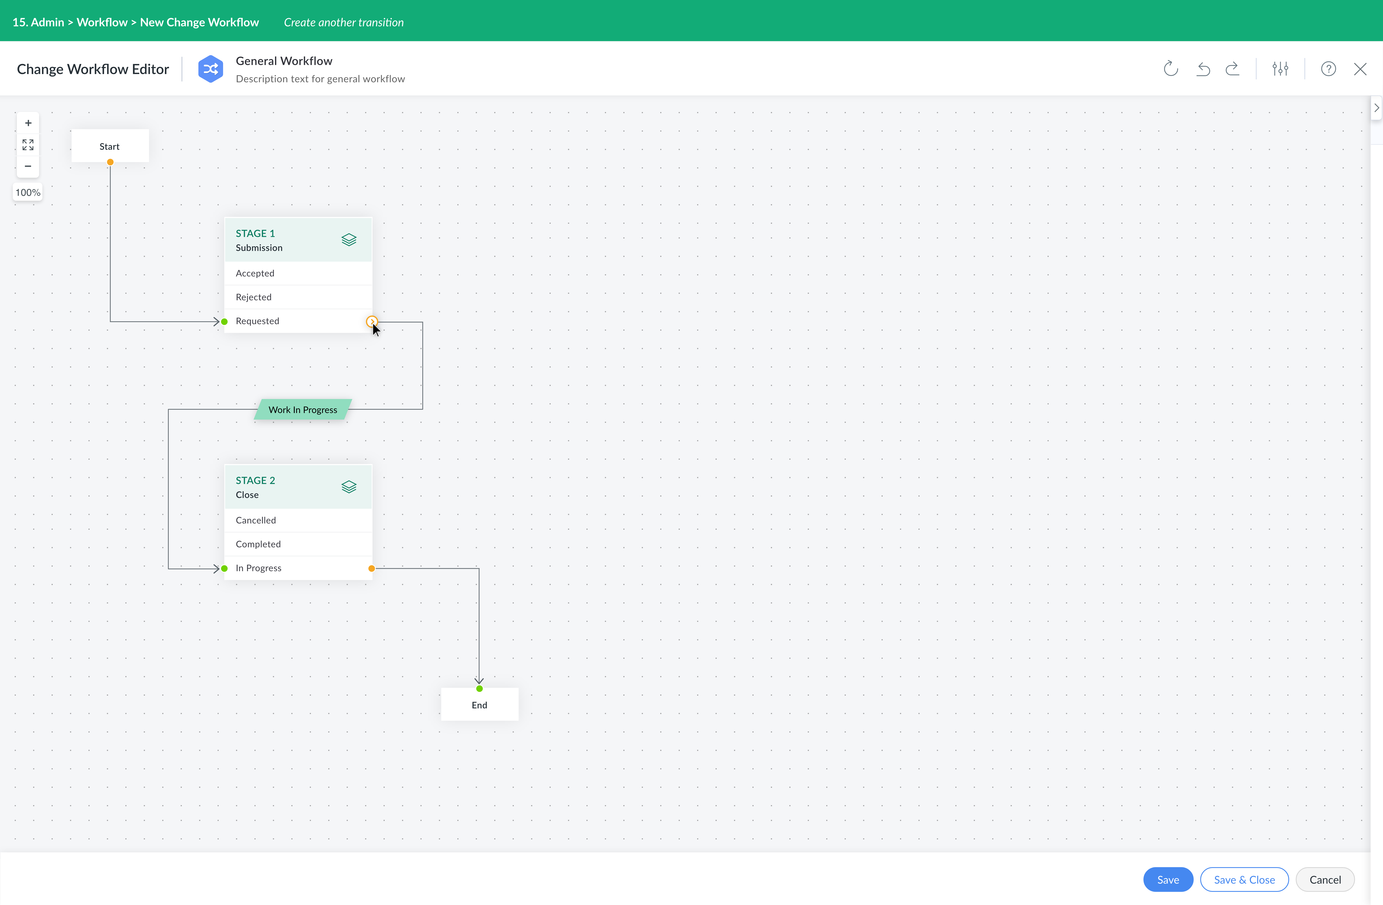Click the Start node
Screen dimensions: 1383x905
tap(110, 146)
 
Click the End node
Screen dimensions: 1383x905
tap(479, 705)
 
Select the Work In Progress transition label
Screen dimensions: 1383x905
tap(303, 410)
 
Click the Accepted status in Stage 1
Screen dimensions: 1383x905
tap(298, 273)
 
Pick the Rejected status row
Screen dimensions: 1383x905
tap(298, 297)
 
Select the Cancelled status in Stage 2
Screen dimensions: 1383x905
tap(298, 520)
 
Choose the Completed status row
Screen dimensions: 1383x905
tap(298, 544)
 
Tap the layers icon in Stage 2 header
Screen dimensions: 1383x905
tap(349, 487)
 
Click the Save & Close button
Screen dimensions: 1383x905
tap(1244, 879)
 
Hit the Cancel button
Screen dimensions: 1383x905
tap(1325, 879)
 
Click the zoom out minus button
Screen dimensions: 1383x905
tap(28, 166)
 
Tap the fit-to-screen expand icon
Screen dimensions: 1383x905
tap(28, 145)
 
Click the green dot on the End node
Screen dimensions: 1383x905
tap(479, 689)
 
